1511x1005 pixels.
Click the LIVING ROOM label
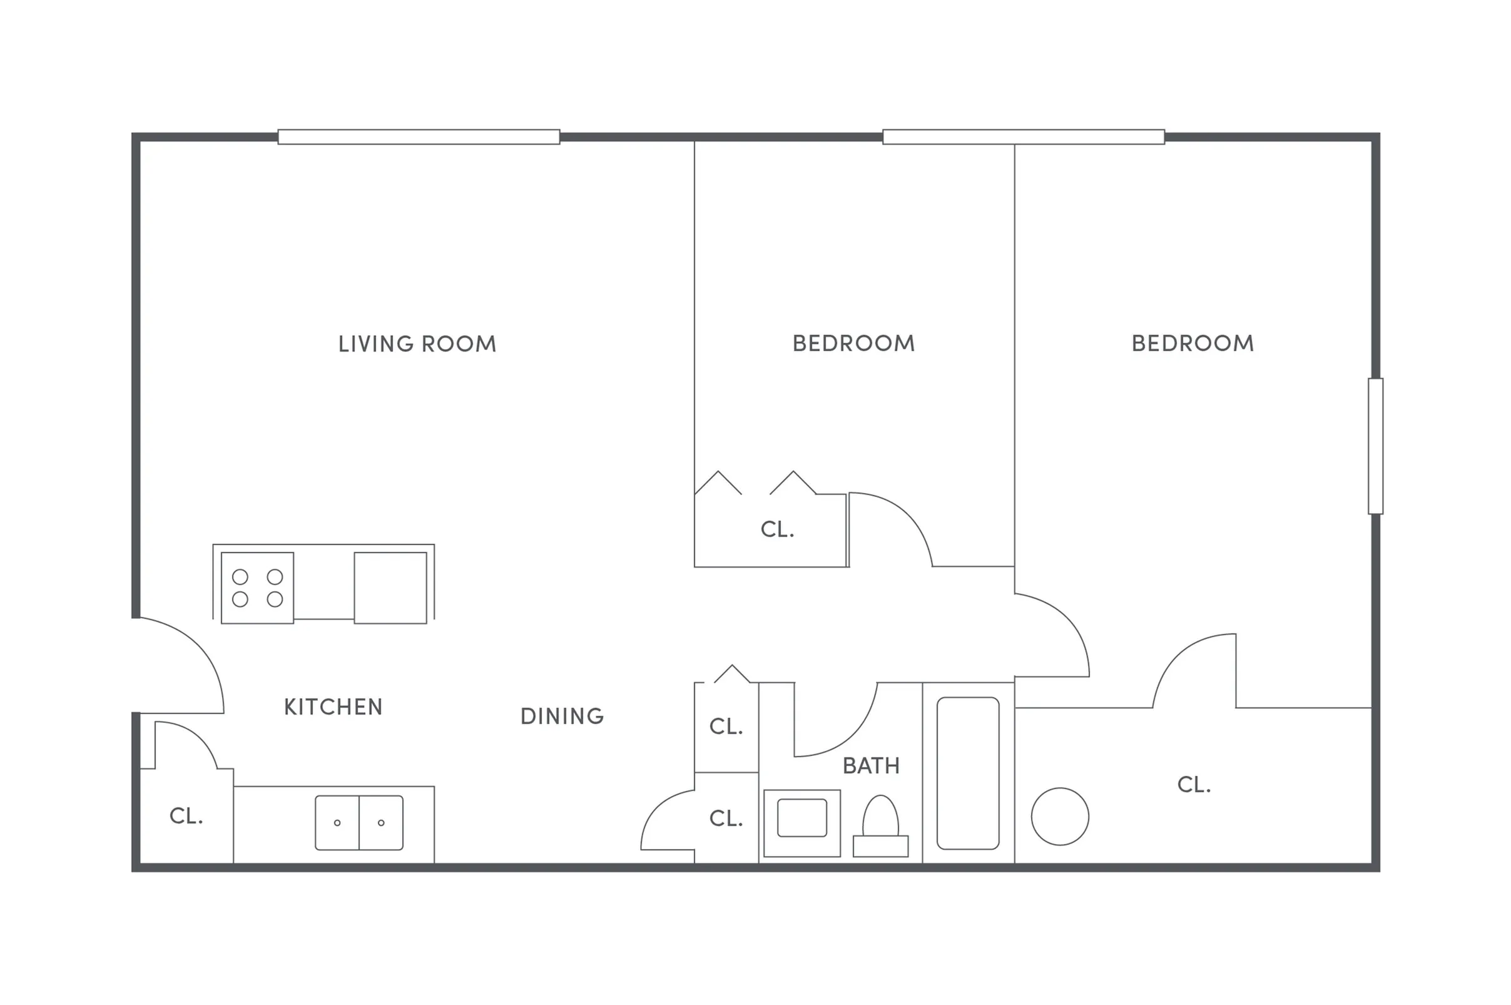[x=417, y=344]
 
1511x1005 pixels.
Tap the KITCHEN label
[x=333, y=707]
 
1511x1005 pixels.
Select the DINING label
[x=562, y=716]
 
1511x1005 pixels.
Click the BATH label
[x=871, y=765]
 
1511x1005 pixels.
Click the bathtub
[x=968, y=773]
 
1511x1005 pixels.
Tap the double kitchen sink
[x=359, y=822]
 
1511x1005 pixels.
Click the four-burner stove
[x=257, y=588]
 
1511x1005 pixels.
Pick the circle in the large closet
[x=1059, y=816]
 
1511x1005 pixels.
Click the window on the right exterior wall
[x=1375, y=446]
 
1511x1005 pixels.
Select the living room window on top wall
[x=419, y=136]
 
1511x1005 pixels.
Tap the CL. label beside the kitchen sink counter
[x=186, y=816]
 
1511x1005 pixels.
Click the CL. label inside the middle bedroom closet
[x=777, y=529]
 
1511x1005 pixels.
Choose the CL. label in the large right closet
[x=1194, y=785]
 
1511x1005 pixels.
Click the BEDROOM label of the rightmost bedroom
[x=1193, y=344]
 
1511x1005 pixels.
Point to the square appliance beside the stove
[x=390, y=588]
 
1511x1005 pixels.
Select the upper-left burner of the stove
[x=240, y=577]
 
